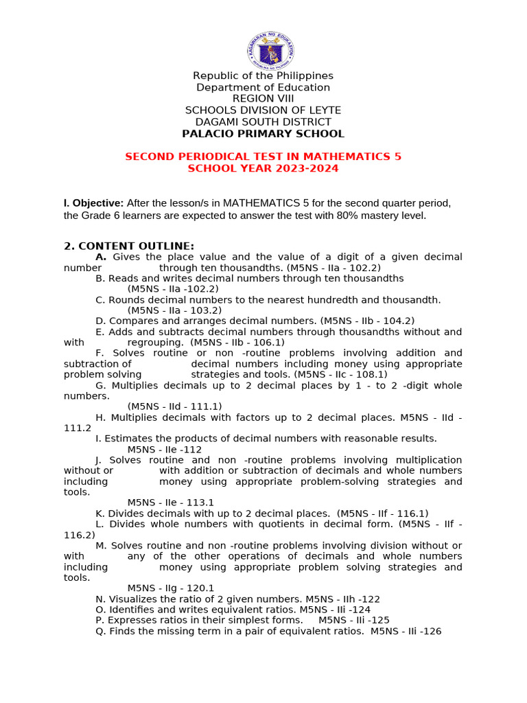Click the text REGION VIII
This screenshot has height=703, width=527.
[x=263, y=99]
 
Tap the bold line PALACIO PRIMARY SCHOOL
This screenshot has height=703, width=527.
[x=263, y=134]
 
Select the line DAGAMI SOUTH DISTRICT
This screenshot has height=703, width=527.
[x=263, y=122]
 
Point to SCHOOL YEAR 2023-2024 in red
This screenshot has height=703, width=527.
[x=263, y=168]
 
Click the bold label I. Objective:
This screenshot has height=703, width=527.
[x=93, y=203]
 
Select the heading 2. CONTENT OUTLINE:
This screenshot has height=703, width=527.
[x=129, y=246]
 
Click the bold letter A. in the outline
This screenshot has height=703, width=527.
[x=101, y=257]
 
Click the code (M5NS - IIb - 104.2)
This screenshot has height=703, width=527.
[x=367, y=321]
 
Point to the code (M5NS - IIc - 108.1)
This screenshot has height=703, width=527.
[x=340, y=374]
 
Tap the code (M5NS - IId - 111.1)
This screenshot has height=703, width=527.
[x=174, y=406]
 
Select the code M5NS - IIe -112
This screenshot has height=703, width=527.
[x=165, y=449]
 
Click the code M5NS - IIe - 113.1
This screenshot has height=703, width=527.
[x=171, y=503]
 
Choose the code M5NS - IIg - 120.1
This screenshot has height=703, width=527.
[x=171, y=588]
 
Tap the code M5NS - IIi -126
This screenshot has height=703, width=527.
[x=406, y=631]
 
